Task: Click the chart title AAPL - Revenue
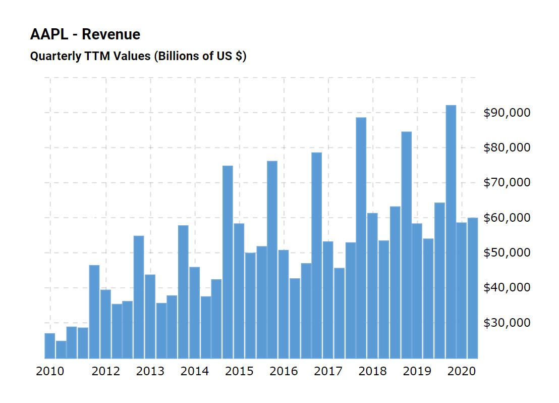click(x=85, y=34)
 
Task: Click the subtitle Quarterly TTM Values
click(x=90, y=56)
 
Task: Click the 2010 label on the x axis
click(x=50, y=372)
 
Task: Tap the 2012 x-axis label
click(x=106, y=372)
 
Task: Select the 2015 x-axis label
click(x=239, y=372)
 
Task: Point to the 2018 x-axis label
click(x=372, y=372)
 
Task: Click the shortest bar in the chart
click(x=61, y=349)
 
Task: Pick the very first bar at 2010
click(x=50, y=345)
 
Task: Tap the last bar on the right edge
click(x=473, y=288)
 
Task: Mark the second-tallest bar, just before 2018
click(x=361, y=237)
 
